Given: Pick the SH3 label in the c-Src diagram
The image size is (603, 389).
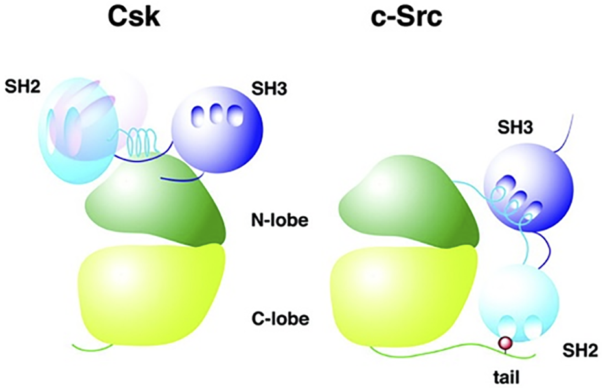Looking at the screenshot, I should [515, 129].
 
